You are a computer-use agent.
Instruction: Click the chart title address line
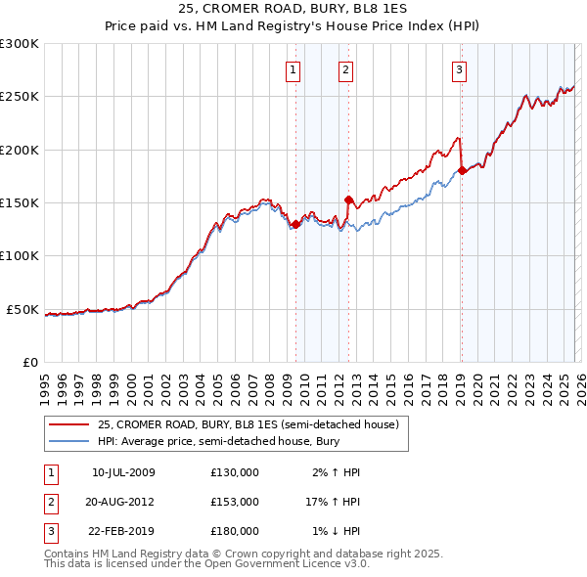293,9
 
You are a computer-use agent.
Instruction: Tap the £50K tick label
23,309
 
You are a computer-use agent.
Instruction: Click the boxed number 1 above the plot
294,69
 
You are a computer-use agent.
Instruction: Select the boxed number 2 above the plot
346,69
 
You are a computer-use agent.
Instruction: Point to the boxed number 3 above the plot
459,69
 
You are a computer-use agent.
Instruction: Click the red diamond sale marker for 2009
295,224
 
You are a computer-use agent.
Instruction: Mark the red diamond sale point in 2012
348,200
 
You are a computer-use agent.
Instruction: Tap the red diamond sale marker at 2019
462,171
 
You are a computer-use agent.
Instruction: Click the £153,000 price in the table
235,502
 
